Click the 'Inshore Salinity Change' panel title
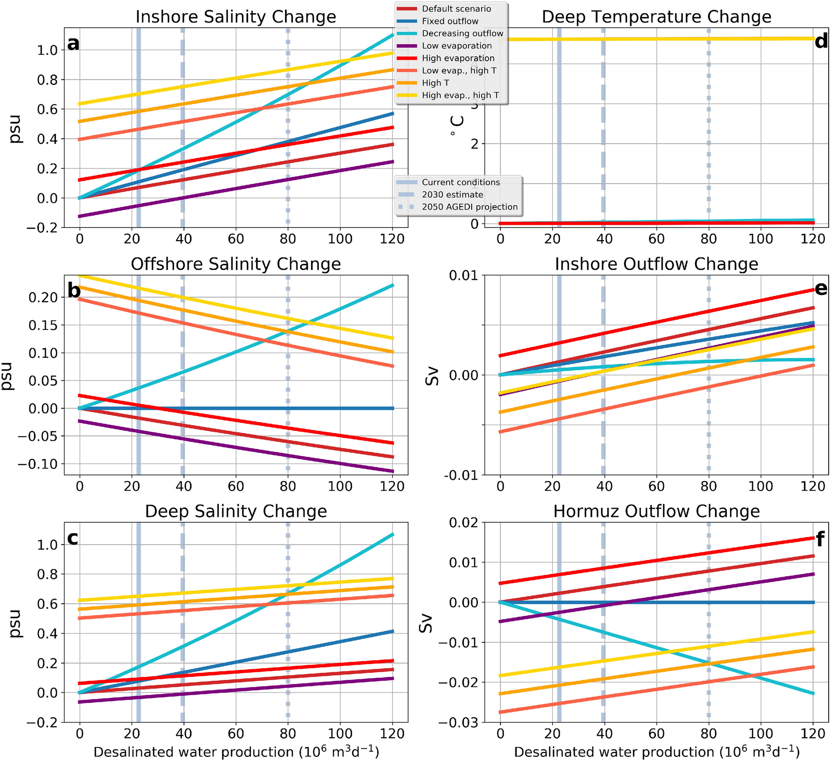point(236,17)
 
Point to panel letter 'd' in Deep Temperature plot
point(821,42)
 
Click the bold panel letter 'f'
point(820,540)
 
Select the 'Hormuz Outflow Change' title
point(656,511)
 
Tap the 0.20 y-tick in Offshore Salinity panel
point(45,297)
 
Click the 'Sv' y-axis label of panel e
point(432,376)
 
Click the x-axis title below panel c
point(236,752)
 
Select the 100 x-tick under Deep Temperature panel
point(760,239)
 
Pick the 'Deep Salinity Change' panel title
point(236,511)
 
